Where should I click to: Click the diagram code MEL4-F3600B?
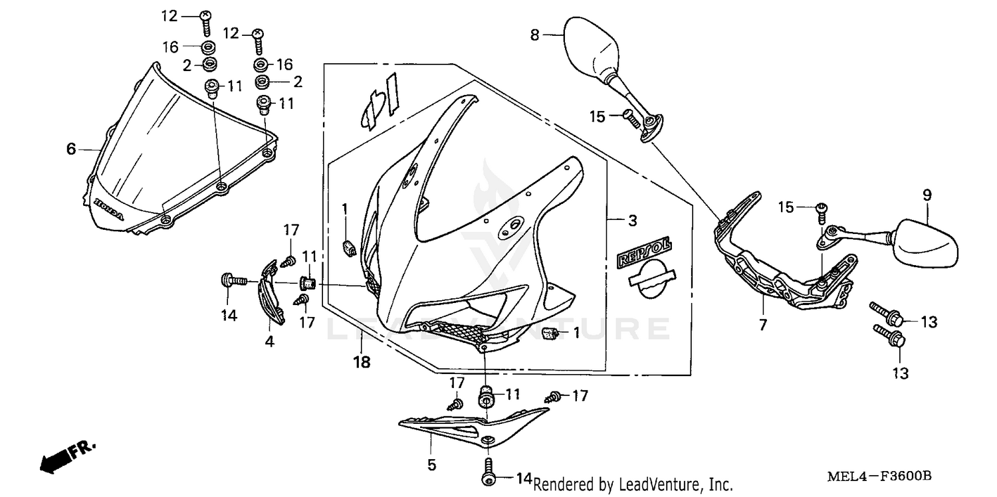(879, 476)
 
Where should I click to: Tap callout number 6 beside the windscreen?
(71, 149)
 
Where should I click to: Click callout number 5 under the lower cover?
(432, 465)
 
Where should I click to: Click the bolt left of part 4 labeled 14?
(226, 280)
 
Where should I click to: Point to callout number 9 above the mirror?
(927, 195)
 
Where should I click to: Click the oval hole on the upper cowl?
(511, 226)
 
